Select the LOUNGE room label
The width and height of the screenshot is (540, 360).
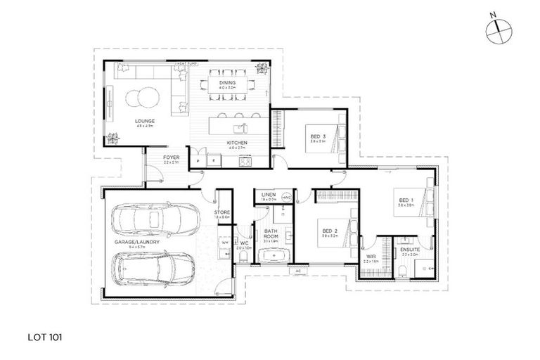coord(146,121)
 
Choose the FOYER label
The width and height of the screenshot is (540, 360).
coord(171,157)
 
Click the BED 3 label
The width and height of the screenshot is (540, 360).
coord(316,136)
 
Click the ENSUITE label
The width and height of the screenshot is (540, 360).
coord(410,250)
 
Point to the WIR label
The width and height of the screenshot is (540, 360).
coord(371,257)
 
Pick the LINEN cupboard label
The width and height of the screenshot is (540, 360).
coord(268,195)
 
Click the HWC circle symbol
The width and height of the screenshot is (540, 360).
coord(286,198)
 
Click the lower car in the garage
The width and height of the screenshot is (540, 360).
coord(149,266)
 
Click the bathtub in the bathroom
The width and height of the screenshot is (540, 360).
coord(272,255)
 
